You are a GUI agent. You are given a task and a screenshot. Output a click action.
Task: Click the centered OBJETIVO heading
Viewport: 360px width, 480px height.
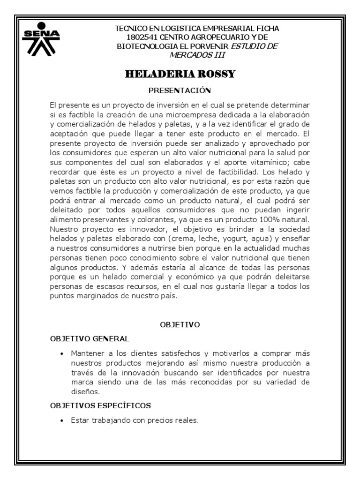pos(180,324)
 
